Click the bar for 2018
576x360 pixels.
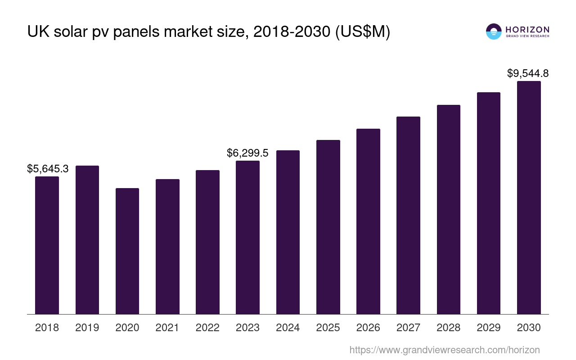point(47,245)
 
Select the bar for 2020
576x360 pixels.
point(127,251)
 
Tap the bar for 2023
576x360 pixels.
point(247,237)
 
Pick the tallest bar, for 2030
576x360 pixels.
point(529,198)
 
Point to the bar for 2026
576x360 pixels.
point(368,221)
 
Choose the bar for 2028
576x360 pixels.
point(448,209)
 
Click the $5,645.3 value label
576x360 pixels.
point(48,169)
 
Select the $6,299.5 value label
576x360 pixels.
point(247,153)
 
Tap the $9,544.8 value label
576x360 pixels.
point(528,73)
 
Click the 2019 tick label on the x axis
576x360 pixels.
point(87,328)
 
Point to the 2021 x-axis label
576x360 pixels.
point(167,328)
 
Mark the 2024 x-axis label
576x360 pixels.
point(288,328)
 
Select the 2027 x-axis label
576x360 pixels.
point(408,328)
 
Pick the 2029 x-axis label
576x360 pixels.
point(488,328)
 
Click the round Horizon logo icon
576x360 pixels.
point(494,31)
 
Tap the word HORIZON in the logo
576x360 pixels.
point(527,29)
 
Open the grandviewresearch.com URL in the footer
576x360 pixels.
point(444,350)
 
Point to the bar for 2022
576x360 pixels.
point(207,242)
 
